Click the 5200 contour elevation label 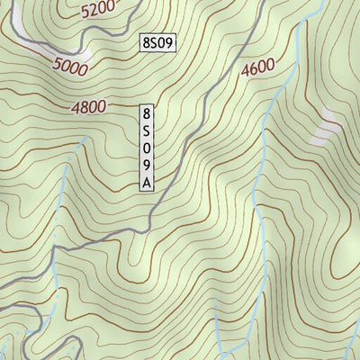point(98,11)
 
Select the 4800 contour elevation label point(89,107)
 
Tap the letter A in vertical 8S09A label point(148,183)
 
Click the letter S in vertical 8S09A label point(148,131)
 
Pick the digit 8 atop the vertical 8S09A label point(148,114)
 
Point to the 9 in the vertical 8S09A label point(148,166)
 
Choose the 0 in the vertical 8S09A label point(148,148)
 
